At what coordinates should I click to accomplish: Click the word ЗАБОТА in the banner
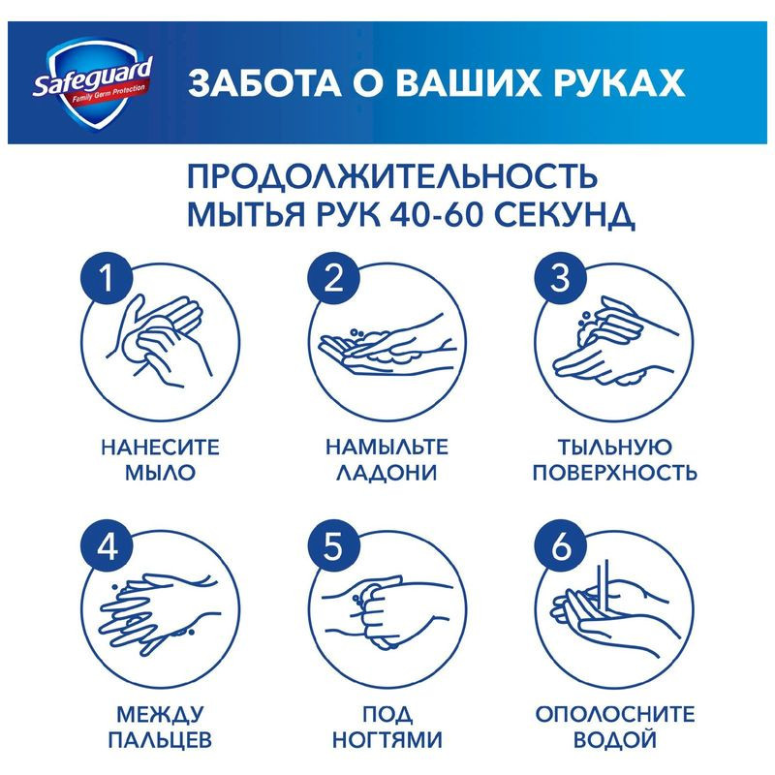point(251,82)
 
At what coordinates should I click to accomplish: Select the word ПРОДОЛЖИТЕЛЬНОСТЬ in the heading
point(392,177)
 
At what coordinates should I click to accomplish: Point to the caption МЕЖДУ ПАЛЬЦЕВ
point(160,728)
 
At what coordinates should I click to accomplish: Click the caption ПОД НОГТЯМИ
point(387,728)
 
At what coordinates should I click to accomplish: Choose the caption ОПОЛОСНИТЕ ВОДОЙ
point(615,728)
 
